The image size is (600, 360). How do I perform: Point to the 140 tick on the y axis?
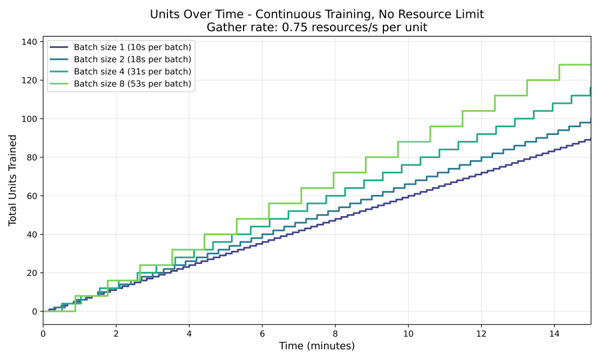29,42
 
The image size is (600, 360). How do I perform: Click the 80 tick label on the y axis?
31,157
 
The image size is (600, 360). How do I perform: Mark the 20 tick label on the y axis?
31,273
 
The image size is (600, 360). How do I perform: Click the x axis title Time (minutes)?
317,346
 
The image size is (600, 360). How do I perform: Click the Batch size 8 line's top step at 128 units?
575,64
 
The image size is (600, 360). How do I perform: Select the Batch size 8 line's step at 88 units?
414,142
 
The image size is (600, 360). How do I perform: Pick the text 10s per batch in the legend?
162,47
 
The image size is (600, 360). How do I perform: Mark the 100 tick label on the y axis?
29,119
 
